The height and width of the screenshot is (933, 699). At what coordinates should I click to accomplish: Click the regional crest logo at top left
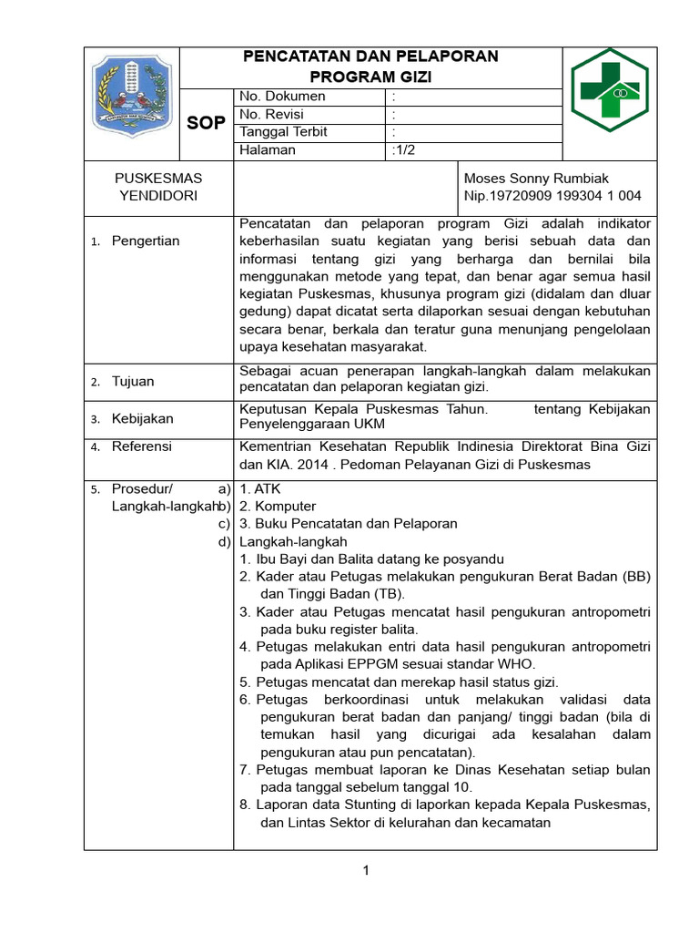132,96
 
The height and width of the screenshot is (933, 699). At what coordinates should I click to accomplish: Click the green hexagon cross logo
610,90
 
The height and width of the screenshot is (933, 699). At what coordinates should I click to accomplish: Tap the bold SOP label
206,123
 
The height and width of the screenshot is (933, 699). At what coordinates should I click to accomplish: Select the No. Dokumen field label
282,97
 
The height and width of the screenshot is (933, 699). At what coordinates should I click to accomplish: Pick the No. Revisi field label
271,115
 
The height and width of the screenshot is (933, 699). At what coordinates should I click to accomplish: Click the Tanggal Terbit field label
283,132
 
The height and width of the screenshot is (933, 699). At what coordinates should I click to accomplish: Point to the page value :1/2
402,150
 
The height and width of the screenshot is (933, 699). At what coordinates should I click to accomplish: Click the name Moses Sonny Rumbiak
536,179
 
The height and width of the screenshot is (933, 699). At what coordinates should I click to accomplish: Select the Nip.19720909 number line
552,196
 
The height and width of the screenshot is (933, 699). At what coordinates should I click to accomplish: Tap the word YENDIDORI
157,196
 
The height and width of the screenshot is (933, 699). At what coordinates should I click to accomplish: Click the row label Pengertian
146,241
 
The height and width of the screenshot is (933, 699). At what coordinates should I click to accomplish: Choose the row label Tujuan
133,381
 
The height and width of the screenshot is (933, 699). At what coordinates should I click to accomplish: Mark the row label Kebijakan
142,418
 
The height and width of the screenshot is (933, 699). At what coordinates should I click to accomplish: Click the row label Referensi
142,446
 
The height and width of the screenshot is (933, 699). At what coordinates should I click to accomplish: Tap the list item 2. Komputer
278,507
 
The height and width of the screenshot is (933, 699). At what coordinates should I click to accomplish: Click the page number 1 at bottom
366,871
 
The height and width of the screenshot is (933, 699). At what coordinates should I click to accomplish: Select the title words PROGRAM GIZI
370,77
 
